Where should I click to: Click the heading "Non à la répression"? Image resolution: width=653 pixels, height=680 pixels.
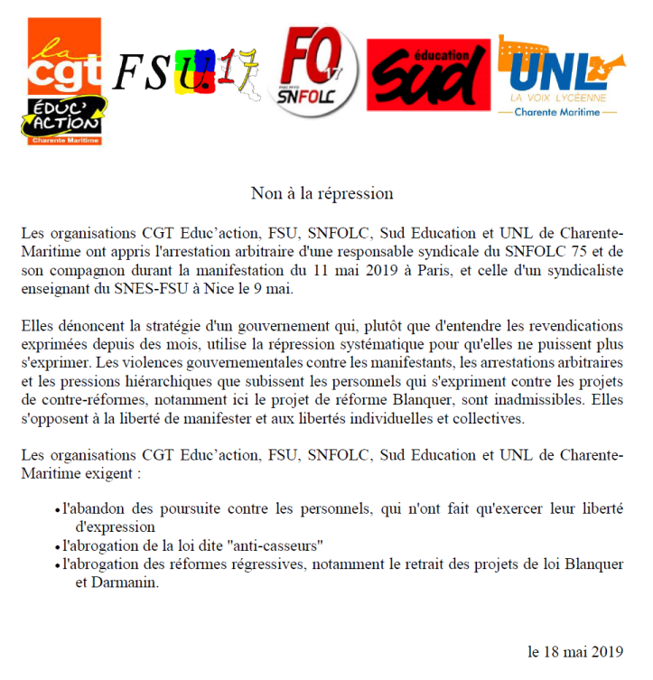click(x=322, y=192)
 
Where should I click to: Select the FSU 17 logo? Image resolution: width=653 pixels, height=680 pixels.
click(x=185, y=73)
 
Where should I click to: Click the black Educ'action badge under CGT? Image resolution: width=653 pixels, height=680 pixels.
click(x=62, y=118)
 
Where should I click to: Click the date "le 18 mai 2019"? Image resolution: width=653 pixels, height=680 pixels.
click(x=574, y=650)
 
